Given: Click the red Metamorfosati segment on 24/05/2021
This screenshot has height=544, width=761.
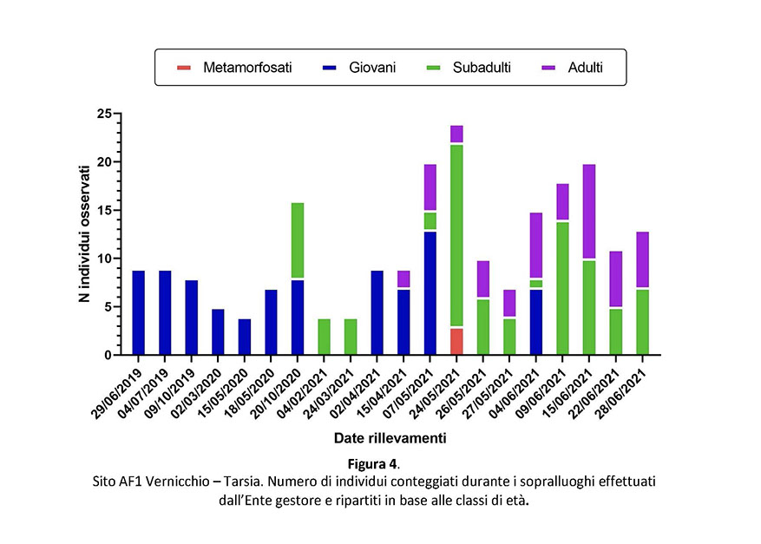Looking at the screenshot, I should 456,341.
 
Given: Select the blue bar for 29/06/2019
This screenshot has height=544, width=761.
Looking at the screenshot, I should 139,312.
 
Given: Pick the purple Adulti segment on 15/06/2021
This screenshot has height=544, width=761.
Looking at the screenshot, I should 589,211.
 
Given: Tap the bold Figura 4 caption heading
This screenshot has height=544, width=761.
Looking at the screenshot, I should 378,464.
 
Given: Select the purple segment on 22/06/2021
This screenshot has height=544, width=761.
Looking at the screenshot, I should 616,279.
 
